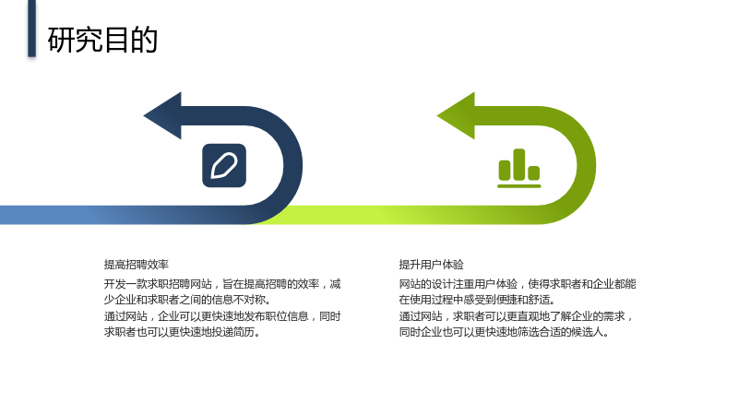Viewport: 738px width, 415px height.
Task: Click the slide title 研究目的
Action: coord(102,40)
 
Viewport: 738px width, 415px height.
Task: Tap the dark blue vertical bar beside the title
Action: coord(31,29)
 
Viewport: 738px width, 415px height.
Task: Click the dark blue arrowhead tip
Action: coord(144,116)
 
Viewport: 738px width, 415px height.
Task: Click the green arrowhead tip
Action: coord(437,116)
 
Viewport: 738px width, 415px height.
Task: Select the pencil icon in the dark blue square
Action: coord(224,166)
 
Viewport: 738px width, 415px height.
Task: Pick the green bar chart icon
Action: coord(519,169)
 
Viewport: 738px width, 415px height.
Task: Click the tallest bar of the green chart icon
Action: coord(519,164)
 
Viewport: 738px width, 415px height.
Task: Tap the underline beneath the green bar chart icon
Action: coord(519,186)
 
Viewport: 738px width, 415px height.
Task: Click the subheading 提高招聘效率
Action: coord(136,265)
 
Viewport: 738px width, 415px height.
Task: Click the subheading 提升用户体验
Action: coord(431,265)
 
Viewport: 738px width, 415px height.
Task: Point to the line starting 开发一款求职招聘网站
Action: coord(222,284)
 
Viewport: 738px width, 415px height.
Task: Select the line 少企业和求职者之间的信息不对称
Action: coord(188,300)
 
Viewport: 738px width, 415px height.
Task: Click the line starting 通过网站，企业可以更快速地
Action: coord(222,316)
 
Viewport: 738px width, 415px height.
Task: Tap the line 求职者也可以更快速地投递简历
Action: coord(182,332)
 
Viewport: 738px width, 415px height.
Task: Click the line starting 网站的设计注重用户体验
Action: coord(518,284)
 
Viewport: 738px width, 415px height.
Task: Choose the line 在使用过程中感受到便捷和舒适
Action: coord(477,300)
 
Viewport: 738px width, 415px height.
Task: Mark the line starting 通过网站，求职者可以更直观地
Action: coord(516,316)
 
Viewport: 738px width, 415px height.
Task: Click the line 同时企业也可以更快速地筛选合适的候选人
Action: coord(504,332)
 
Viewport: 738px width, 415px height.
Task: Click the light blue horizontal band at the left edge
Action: coord(47,215)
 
